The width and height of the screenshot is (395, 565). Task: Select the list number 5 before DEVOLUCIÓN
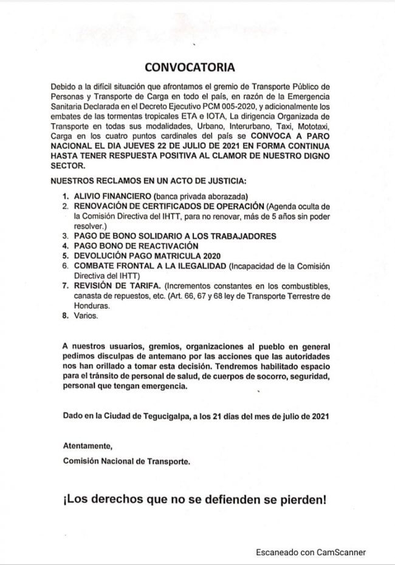pos(66,256)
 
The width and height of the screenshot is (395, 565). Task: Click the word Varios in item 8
pos(85,316)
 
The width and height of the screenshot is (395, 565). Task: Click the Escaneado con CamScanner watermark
pos(310,552)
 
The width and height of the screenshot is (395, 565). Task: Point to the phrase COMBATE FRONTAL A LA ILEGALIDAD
pos(149,266)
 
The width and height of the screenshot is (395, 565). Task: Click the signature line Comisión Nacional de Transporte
pos(126,461)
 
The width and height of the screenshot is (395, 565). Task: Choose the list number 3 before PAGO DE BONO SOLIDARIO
pos(66,235)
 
